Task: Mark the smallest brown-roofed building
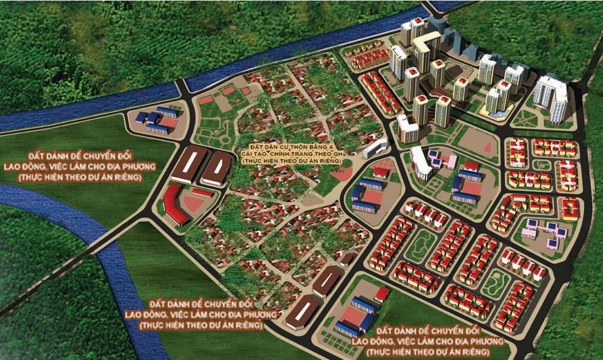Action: coord(347,259)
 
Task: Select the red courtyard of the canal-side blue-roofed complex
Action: coord(168,122)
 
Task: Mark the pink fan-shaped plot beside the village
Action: coord(343,174)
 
